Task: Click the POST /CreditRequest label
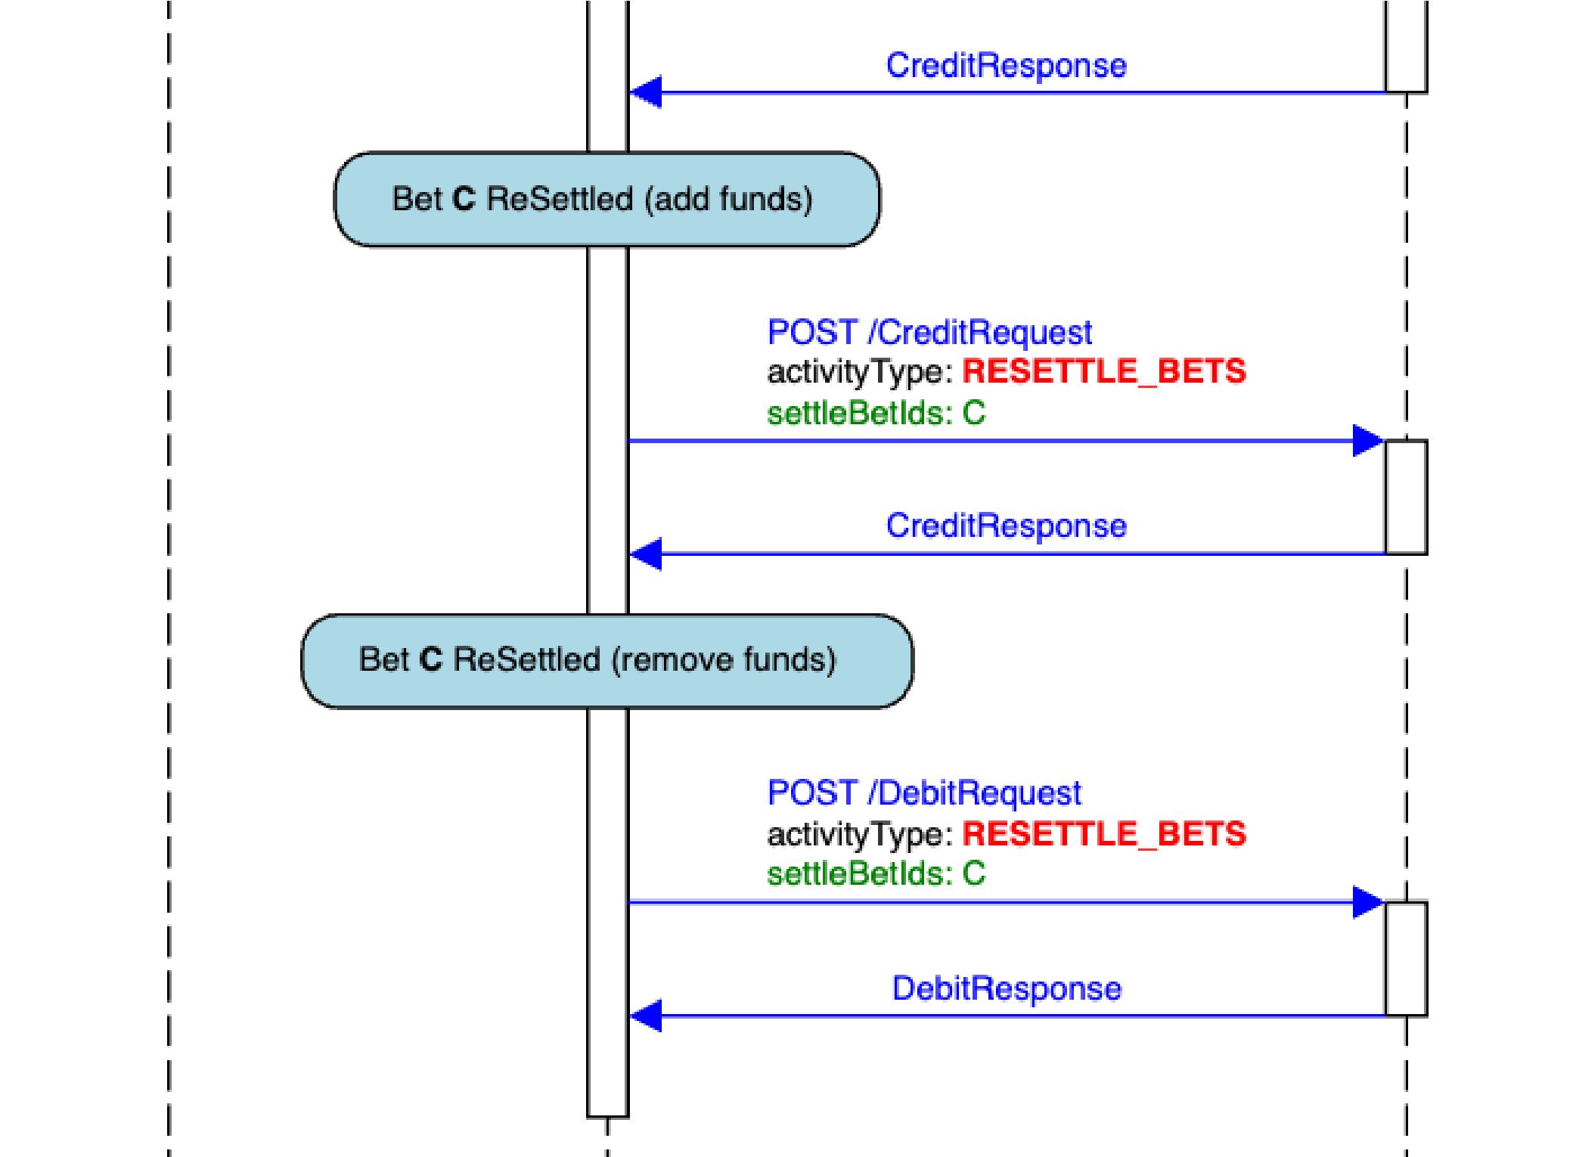pos(929,333)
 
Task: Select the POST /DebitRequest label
pos(924,793)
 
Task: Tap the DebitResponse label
pos(1007,988)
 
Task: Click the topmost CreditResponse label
pos(1006,66)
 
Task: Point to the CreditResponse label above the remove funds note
pos(1006,526)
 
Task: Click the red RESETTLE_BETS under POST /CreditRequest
pos(1104,371)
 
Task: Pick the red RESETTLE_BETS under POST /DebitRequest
pos(1104,833)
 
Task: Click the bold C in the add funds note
pos(464,199)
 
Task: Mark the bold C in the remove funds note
pos(430,659)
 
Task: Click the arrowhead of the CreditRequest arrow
pos(1367,440)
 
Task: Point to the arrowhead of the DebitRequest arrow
pos(1367,901)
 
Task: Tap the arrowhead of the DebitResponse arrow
pos(647,1016)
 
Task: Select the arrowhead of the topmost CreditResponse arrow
pos(647,92)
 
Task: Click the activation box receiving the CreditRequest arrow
pos(1406,497)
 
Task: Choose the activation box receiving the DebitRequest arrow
pos(1406,958)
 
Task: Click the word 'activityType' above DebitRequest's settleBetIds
pos(855,835)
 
